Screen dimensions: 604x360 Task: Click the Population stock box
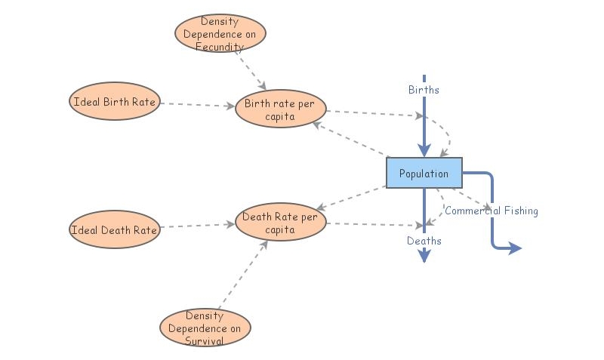click(424, 173)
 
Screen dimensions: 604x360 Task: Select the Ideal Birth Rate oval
click(115, 101)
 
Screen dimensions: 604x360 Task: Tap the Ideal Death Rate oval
click(115, 229)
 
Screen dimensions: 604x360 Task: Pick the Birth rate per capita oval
click(280, 109)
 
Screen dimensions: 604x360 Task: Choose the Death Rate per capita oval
click(280, 222)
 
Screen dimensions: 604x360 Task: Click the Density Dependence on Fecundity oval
click(220, 33)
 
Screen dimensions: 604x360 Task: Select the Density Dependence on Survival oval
click(205, 328)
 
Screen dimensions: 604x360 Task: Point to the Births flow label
click(424, 90)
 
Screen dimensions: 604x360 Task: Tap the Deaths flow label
click(424, 241)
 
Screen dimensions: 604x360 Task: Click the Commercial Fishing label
click(492, 211)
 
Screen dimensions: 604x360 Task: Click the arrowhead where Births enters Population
click(424, 150)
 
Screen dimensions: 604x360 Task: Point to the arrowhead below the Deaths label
click(424, 256)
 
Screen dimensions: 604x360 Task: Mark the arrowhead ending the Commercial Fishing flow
click(515, 248)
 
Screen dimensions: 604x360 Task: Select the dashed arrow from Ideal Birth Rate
click(198, 105)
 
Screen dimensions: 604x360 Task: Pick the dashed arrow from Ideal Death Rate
click(198, 226)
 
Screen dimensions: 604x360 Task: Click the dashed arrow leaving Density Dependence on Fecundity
click(251, 70)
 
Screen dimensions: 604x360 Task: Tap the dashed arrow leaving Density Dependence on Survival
click(243, 275)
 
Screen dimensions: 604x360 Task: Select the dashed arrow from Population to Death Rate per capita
click(351, 198)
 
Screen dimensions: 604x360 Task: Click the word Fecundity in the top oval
click(220, 47)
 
